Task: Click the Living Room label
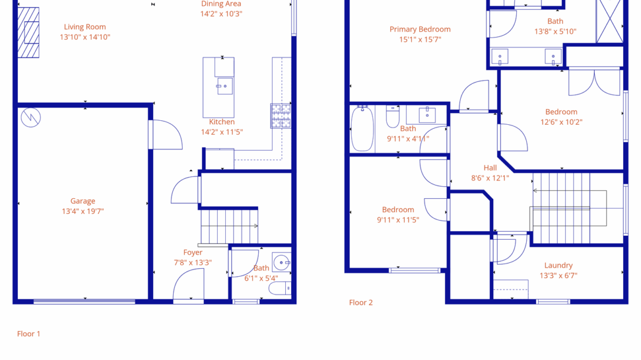pyautogui.click(x=85, y=27)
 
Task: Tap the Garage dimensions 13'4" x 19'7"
pyautogui.click(x=83, y=211)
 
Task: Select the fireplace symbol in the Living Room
pyautogui.click(x=29, y=32)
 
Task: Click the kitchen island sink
pyautogui.click(x=224, y=86)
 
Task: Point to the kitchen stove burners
pyautogui.click(x=281, y=116)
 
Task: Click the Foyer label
pyautogui.click(x=193, y=253)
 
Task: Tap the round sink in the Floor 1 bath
pyautogui.click(x=282, y=263)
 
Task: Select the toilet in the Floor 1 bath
pyautogui.click(x=280, y=288)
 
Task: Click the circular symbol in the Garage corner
pyautogui.click(x=31, y=117)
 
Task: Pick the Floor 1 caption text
pyautogui.click(x=29, y=334)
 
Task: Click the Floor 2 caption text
pyautogui.click(x=361, y=302)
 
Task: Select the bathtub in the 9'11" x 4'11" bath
pyautogui.click(x=362, y=129)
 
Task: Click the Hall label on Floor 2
pyautogui.click(x=490, y=168)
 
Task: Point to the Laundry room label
pyautogui.click(x=558, y=266)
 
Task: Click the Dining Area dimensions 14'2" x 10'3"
pyautogui.click(x=221, y=13)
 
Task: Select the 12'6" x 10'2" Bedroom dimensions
pyautogui.click(x=561, y=122)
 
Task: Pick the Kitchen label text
pyautogui.click(x=222, y=122)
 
